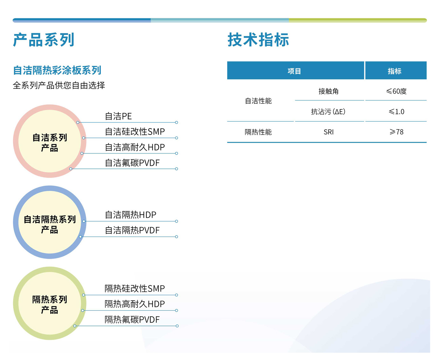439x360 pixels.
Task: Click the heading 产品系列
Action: (44, 39)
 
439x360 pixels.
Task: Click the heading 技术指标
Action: (258, 39)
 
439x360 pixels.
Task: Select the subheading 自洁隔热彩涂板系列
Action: (57, 70)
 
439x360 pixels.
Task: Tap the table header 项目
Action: (294, 71)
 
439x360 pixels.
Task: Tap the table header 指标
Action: (394, 71)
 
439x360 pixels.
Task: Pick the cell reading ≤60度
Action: (396, 91)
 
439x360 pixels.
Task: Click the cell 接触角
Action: (329, 91)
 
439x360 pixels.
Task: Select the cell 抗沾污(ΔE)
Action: (328, 111)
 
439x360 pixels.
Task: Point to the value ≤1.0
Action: (396, 111)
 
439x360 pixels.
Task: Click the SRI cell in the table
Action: (329, 132)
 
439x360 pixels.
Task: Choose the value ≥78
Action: (396, 132)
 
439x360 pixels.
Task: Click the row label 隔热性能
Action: (258, 132)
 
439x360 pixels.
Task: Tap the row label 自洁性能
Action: (258, 101)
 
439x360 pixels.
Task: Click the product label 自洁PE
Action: (118, 116)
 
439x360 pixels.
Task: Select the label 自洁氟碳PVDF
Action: (132, 163)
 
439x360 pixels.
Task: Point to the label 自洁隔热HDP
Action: (130, 215)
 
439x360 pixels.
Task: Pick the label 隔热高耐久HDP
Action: (135, 304)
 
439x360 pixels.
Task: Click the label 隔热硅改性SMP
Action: (135, 288)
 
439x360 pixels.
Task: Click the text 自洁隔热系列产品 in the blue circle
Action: (50, 224)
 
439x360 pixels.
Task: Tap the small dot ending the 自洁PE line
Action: (176, 122)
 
